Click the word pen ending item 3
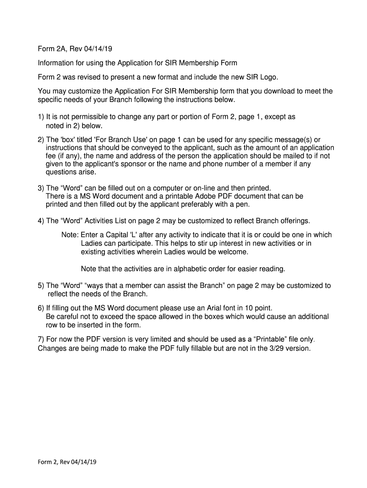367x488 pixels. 243,205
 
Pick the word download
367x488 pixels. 272,91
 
